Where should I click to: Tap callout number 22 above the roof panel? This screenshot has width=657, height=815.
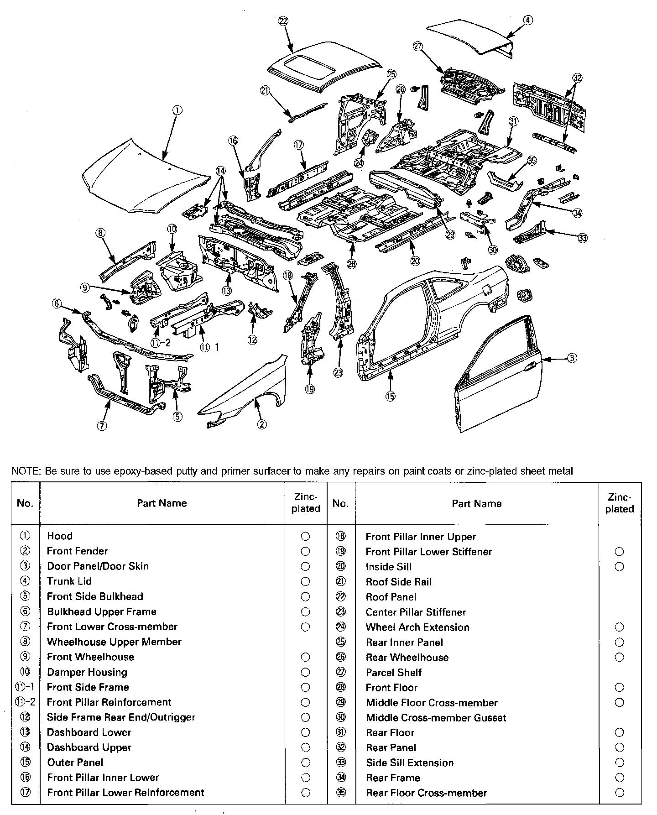pyautogui.click(x=283, y=21)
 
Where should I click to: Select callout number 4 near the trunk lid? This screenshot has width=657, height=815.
pyautogui.click(x=527, y=20)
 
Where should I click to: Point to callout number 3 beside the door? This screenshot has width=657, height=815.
pyautogui.click(x=572, y=358)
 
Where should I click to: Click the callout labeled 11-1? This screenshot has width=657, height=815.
pyautogui.click(x=210, y=347)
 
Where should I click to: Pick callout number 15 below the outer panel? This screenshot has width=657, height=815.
pyautogui.click(x=390, y=396)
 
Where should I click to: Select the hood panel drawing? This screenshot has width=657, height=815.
pyautogui.click(x=146, y=178)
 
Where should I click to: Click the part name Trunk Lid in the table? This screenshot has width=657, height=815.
pyautogui.click(x=69, y=581)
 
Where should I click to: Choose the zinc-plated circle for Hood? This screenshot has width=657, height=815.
pyautogui.click(x=306, y=536)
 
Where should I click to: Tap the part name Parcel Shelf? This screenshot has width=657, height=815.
pyautogui.click(x=394, y=672)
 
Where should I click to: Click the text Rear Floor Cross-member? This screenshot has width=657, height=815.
pyautogui.click(x=426, y=793)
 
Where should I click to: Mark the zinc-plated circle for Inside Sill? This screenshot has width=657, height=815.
pyautogui.click(x=619, y=567)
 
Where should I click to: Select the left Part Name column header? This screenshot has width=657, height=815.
pyautogui.click(x=162, y=503)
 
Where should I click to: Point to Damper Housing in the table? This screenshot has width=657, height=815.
pyautogui.click(x=87, y=672)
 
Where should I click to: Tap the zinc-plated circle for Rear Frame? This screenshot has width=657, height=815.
pyautogui.click(x=619, y=778)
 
